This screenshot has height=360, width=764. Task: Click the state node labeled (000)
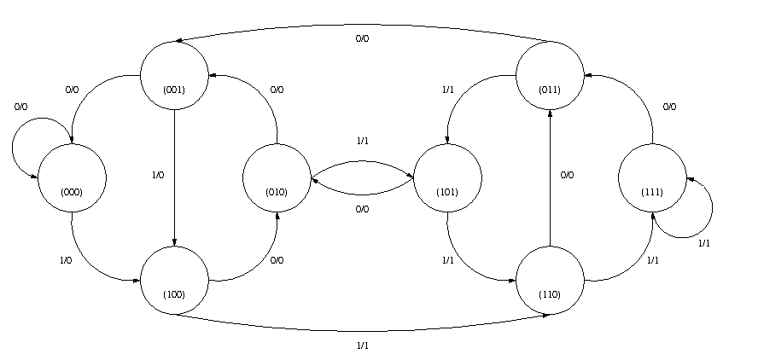click(72, 178)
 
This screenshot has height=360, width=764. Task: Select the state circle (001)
click(174, 76)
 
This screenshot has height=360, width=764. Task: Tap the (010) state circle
click(277, 178)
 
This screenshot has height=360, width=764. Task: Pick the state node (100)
click(174, 281)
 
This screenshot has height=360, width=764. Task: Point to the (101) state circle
click(447, 178)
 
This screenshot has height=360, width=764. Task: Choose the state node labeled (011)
click(550, 76)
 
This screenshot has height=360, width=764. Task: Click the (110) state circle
click(550, 281)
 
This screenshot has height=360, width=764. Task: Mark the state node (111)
click(652, 178)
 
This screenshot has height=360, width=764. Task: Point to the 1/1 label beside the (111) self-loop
click(704, 243)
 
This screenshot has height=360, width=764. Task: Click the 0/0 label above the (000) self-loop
click(20, 107)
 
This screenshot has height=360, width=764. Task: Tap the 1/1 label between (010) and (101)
click(362, 141)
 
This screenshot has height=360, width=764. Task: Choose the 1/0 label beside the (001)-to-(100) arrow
click(157, 175)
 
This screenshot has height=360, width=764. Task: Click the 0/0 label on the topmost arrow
click(362, 38)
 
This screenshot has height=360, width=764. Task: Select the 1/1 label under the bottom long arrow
click(362, 345)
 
